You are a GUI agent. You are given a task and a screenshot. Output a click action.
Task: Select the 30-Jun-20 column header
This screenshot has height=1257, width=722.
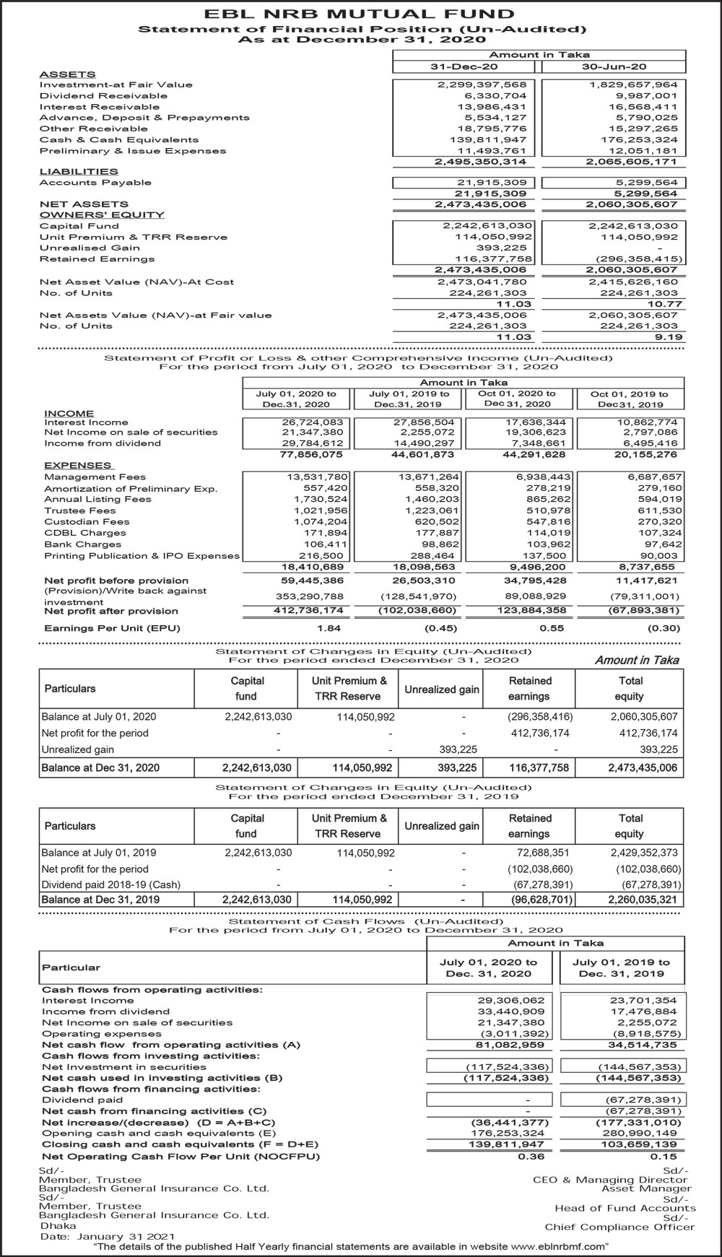(614, 66)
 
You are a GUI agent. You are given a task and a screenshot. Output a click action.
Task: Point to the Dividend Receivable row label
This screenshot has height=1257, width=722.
(103, 95)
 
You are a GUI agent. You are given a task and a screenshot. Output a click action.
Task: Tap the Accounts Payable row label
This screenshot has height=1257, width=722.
(95, 183)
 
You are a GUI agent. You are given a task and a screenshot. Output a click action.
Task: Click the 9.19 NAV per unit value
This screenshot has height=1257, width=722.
(668, 337)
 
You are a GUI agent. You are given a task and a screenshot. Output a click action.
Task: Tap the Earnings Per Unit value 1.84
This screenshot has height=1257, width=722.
(329, 628)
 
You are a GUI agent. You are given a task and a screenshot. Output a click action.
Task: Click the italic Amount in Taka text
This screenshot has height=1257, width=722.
(637, 660)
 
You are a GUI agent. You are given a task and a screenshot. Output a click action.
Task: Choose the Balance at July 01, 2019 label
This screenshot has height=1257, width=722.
(98, 853)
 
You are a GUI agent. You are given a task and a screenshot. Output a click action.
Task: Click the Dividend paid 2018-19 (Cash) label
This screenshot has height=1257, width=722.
(111, 884)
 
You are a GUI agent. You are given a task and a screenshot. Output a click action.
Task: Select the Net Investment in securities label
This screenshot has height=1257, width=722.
(124, 1066)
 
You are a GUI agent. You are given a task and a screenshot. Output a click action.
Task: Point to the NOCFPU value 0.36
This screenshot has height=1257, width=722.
(531, 1156)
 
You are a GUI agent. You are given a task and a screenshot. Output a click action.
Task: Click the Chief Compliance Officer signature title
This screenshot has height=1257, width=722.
(619, 1227)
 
